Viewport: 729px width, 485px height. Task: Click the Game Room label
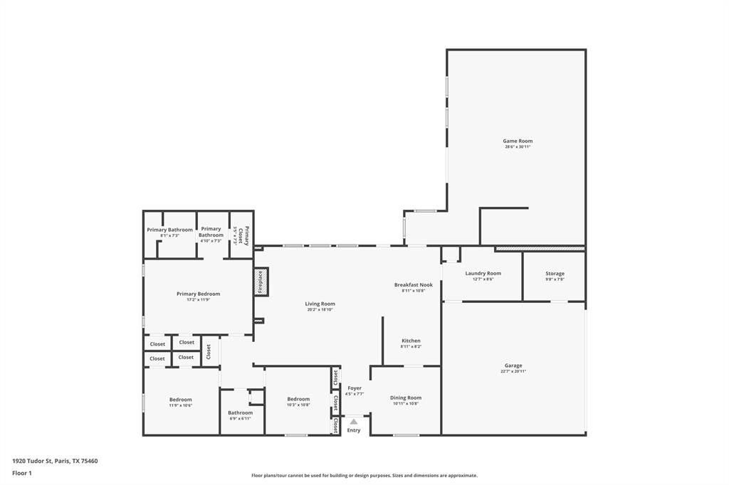518,141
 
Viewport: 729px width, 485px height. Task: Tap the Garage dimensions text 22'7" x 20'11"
513,371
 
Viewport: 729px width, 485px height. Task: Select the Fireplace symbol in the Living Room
261,282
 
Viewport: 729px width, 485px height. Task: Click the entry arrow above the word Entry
354,422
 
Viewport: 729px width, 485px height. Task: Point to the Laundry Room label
483,273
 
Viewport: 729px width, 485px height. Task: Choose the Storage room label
555,274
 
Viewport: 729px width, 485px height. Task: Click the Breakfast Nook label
413,284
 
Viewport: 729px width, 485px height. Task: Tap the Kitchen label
411,341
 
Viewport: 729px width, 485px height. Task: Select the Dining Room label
406,398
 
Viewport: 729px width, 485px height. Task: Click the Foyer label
354,388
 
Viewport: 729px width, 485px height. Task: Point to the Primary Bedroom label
198,294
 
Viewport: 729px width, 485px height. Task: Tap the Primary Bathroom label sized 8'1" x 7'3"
169,230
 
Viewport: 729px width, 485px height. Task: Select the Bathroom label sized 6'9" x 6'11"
240,412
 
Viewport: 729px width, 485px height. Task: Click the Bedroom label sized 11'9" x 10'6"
180,400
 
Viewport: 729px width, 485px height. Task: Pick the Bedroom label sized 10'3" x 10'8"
298,399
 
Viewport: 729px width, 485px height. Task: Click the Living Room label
320,304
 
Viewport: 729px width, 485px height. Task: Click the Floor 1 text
22,473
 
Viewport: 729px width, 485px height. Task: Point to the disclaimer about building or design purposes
364,476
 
